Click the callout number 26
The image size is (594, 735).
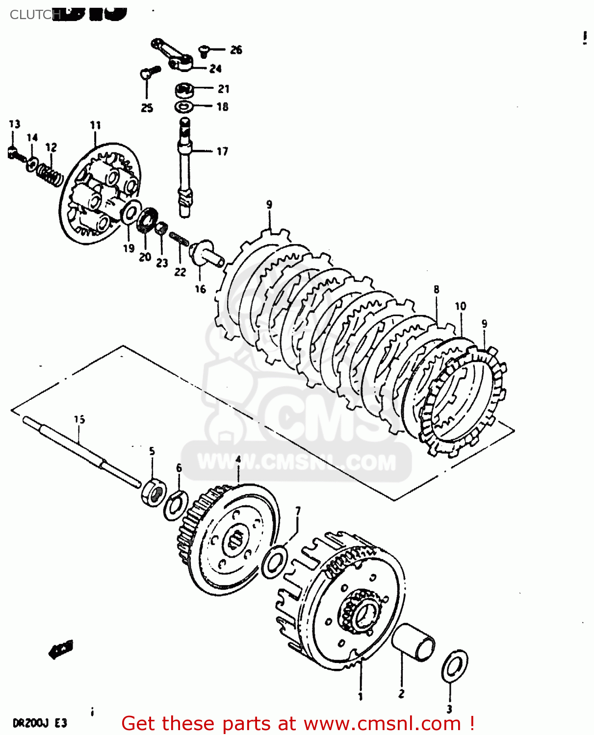236,50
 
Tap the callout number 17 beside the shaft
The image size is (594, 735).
222,151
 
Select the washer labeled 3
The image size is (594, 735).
455,666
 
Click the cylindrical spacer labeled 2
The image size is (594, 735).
413,642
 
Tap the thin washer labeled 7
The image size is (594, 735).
275,561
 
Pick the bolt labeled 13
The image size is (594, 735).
14,153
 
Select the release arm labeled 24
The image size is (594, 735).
172,54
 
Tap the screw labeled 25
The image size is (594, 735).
150,73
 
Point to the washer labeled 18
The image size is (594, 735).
183,107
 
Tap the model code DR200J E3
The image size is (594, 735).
39,723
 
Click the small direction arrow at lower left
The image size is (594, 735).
61,650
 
